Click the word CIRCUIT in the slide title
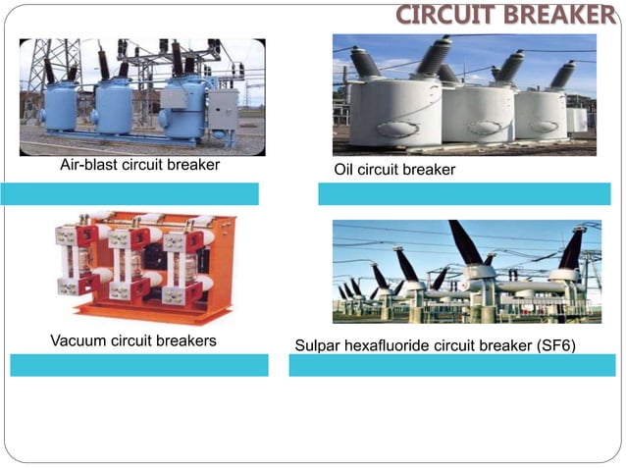[440, 15]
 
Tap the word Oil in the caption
[343, 170]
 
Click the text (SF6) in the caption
[552, 346]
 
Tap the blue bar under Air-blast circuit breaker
[130, 193]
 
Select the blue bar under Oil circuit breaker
[463, 193]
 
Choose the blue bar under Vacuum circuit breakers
[138, 365]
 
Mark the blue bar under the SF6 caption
[451, 365]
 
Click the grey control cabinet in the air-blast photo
[222, 110]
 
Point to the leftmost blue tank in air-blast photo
[59, 107]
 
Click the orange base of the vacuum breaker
[152, 310]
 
